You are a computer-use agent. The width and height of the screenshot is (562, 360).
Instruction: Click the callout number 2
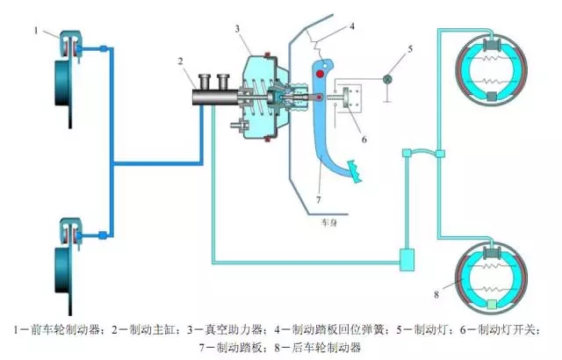point(180,61)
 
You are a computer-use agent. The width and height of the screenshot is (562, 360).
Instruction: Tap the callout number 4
point(351,26)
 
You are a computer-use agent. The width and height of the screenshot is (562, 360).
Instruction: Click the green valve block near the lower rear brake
point(407,258)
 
